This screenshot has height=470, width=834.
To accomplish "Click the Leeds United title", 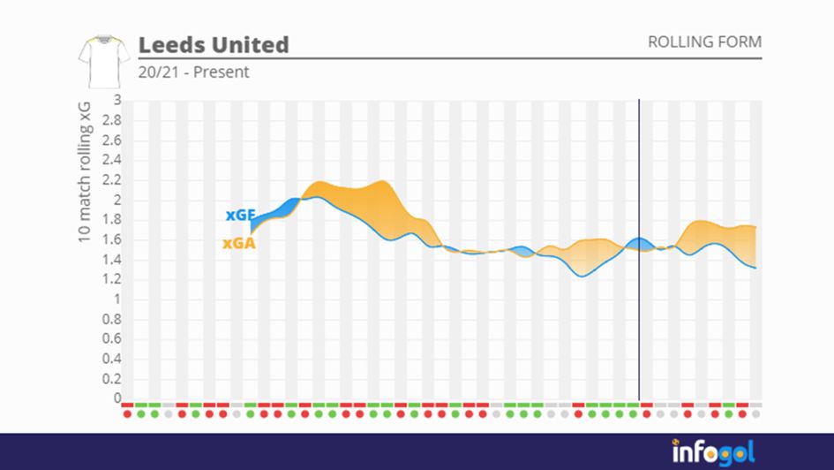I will coord(214,44).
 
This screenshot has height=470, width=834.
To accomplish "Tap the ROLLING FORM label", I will coord(704,42).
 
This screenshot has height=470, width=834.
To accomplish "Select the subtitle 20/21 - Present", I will coord(193,72).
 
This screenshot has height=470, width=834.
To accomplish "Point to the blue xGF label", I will coord(240,215).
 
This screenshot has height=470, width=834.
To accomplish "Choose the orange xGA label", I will coord(239,243).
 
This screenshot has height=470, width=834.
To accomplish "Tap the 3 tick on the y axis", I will coord(116,100).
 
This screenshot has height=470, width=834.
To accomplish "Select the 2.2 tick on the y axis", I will coord(111,179).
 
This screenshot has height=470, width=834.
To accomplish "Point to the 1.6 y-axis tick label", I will coord(111,239).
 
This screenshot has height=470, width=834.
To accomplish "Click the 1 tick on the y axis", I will coord(116,299).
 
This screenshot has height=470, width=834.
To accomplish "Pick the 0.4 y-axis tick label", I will coord(111,359).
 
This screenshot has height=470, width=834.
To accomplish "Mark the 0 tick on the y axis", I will coord(116,398).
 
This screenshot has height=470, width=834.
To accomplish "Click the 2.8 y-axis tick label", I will coord(111,120).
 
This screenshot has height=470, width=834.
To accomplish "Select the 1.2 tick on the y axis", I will coord(111,279).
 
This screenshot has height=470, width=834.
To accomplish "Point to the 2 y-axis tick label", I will coord(116,200).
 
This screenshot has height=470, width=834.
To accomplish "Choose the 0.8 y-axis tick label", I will coord(111,319).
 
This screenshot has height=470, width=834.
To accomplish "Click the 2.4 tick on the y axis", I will coord(111,160).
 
